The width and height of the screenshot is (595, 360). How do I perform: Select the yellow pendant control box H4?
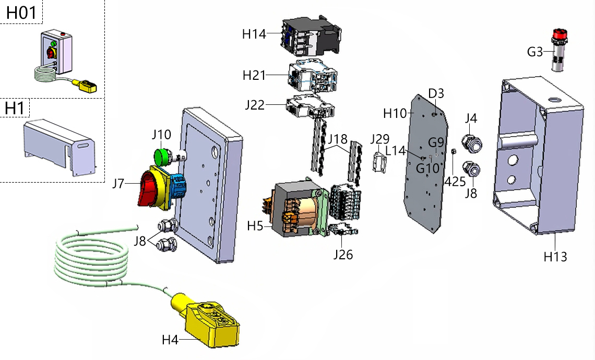(x=209, y=321)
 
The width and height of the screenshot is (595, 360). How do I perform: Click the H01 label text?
(x=21, y=13)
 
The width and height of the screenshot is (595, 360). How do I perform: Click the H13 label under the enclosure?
(x=555, y=256)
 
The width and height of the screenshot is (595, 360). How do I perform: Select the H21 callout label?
(x=255, y=75)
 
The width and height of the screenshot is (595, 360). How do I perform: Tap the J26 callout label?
(x=342, y=255)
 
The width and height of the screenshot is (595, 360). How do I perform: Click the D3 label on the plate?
(x=436, y=93)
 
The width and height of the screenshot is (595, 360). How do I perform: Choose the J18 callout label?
(x=338, y=139)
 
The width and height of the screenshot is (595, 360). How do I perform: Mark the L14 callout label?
(x=396, y=151)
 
